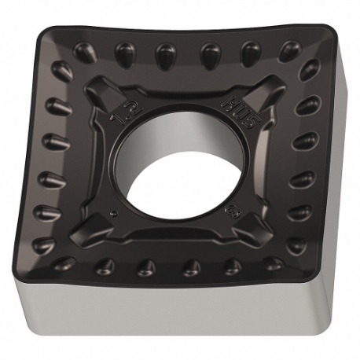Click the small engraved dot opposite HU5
point(116,214)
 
